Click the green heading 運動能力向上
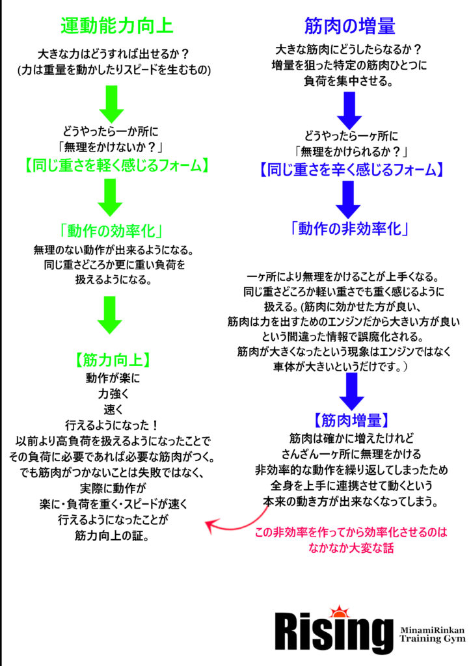point(117,25)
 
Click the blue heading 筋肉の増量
point(350,26)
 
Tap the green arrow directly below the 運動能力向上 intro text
point(111,104)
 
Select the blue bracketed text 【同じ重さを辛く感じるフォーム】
point(352,170)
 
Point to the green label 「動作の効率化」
point(111,231)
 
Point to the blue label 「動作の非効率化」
point(349,229)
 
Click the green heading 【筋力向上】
point(113,360)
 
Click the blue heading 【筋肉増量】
point(351,421)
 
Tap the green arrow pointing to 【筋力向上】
point(109,315)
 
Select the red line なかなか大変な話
point(351,548)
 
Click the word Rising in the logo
point(333,633)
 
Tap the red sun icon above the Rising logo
point(339,611)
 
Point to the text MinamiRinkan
point(431,630)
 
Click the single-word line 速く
point(113,410)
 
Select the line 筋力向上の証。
point(112,536)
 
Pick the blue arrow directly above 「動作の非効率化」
point(348,200)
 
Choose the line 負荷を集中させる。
point(348,81)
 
